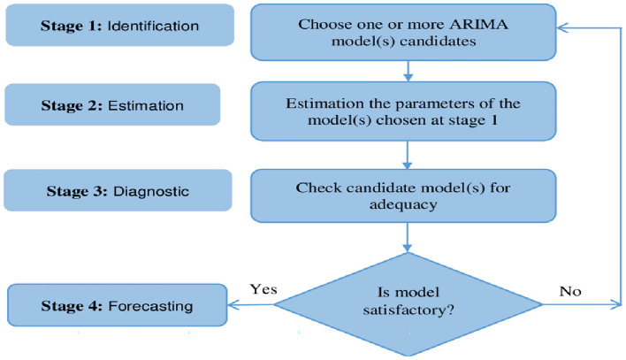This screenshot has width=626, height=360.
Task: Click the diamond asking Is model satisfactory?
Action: click(407, 304)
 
